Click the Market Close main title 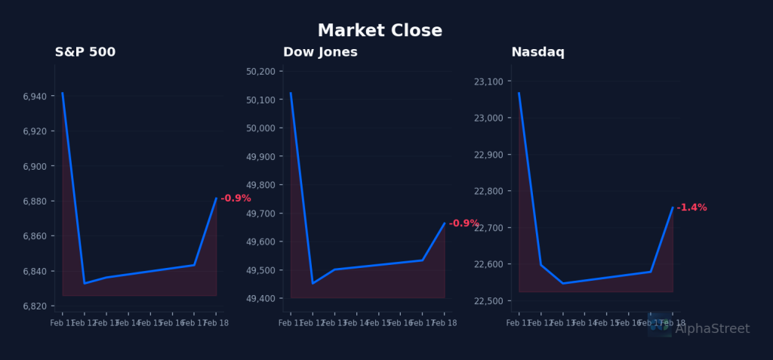pyautogui.click(x=380, y=31)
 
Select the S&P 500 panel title pyautogui.click(x=85, y=52)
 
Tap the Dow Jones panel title pyautogui.click(x=320, y=52)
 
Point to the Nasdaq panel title pyautogui.click(x=537, y=52)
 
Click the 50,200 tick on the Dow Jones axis pyautogui.click(x=261, y=72)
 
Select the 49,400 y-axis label pyautogui.click(x=261, y=299)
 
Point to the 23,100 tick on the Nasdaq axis pyautogui.click(x=490, y=82)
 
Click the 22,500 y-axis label pyautogui.click(x=490, y=301)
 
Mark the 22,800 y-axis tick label pyautogui.click(x=490, y=191)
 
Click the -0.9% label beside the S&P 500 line pyautogui.click(x=236, y=198)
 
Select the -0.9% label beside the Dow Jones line pyautogui.click(x=463, y=223)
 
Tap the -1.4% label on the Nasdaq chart pyautogui.click(x=691, y=208)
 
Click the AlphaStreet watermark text pyautogui.click(x=712, y=329)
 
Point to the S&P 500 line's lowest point pyautogui.click(x=85, y=283)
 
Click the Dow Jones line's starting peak pyautogui.click(x=291, y=93)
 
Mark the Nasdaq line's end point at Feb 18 pyautogui.click(x=673, y=207)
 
